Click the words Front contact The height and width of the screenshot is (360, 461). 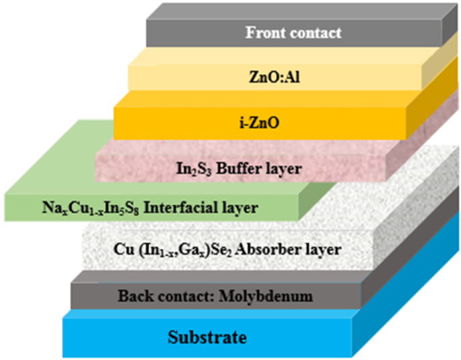click(293, 32)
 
